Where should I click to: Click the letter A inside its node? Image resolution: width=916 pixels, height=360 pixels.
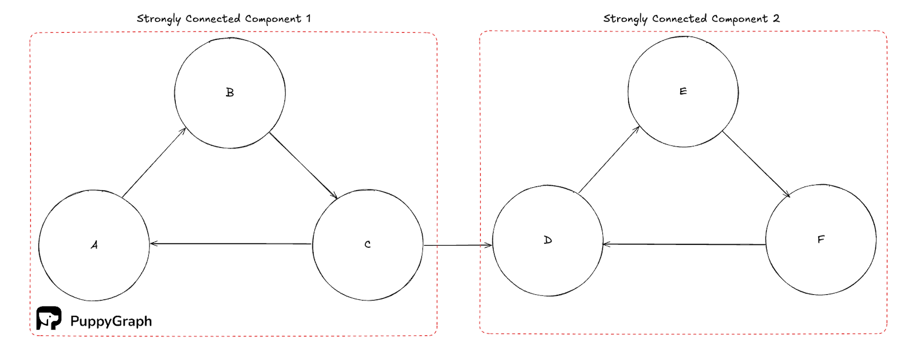94,245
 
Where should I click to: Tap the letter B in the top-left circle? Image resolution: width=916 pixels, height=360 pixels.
230,93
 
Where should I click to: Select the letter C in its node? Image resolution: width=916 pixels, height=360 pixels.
368,245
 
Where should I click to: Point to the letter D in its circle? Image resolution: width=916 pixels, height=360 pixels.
548,240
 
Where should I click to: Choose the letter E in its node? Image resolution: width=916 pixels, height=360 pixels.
683,92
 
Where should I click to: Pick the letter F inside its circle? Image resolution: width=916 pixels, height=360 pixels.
821,239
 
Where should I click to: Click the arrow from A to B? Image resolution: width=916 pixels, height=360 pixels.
154,163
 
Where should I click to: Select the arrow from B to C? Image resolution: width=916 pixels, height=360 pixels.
303,165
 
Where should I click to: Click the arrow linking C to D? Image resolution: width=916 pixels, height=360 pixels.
457,246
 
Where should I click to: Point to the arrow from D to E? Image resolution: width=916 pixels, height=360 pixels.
609,160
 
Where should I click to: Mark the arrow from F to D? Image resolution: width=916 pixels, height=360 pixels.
684,244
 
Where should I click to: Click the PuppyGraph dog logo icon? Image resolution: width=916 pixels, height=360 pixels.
49,318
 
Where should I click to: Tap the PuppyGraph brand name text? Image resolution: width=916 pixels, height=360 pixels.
111,321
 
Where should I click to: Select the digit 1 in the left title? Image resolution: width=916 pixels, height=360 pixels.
309,18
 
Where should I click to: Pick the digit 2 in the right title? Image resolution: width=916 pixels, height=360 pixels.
776,18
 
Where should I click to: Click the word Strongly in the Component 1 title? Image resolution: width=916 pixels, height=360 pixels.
159,19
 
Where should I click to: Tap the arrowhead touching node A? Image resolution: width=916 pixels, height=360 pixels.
153,244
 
